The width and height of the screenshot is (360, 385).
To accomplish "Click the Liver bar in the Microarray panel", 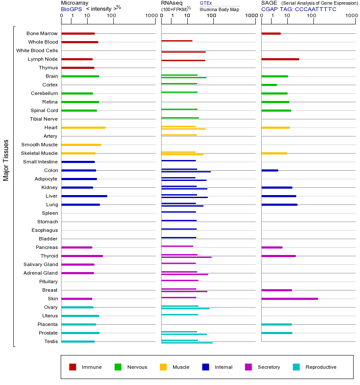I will (x=84, y=196).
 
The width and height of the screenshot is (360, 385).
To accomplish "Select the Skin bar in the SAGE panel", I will (x=289, y=299).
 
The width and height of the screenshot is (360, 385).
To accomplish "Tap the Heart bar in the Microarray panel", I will (x=83, y=127).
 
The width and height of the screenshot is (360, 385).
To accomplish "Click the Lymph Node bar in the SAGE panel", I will (x=280, y=59).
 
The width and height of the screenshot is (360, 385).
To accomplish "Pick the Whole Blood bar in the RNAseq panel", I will (x=177, y=41).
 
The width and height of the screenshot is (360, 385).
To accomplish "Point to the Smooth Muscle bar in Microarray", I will (x=81, y=145).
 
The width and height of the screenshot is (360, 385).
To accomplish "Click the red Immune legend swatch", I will (x=73, y=367).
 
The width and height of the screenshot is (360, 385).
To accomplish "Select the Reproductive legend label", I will (x=321, y=367).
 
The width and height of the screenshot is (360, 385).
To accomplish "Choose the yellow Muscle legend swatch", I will (x=163, y=367).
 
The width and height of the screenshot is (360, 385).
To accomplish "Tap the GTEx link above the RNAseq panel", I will (x=206, y=3).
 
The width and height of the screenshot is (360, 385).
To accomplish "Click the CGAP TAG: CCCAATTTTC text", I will (x=299, y=9).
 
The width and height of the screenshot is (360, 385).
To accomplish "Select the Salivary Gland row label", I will (x=41, y=264).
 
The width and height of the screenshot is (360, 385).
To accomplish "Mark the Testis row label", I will (x=51, y=341).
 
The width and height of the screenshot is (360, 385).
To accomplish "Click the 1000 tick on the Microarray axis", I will (x=151, y=16).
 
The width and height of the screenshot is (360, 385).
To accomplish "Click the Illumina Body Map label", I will (x=219, y=9).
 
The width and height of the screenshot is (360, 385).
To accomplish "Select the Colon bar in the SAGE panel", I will (x=270, y=170).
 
